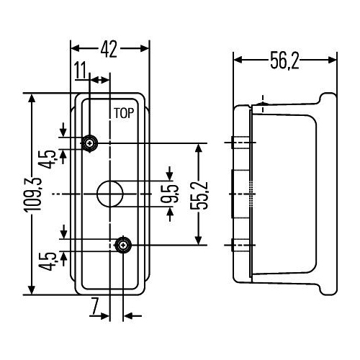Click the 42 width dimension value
(109, 49)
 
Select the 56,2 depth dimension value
(284, 60)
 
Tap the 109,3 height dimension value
(33, 195)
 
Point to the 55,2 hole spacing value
(199, 195)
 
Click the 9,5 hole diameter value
(170, 194)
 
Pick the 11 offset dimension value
(80, 70)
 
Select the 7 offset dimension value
(95, 306)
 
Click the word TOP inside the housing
(124, 113)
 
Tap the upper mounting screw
(90, 143)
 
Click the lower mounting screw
(123, 246)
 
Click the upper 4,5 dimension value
(48, 159)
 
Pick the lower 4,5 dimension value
(48, 261)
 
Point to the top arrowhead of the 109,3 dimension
(32, 99)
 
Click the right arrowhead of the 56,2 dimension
(333, 60)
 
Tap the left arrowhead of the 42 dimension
(76, 49)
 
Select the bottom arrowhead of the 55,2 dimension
(198, 240)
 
